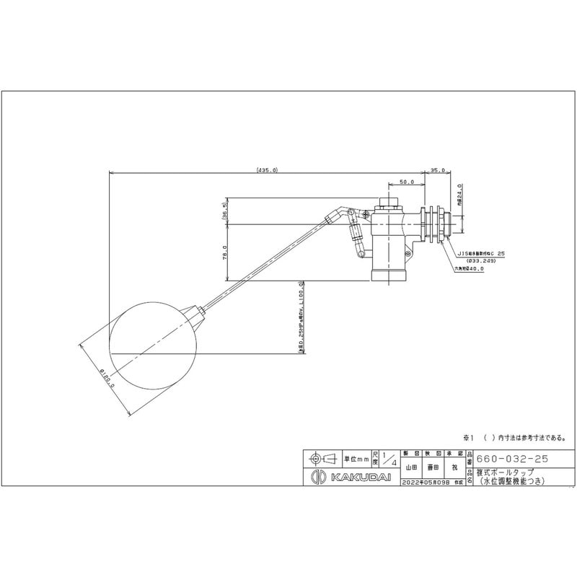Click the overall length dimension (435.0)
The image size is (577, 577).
(x=267, y=170)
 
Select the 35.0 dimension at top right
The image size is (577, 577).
(x=436, y=170)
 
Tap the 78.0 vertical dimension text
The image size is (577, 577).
(x=225, y=252)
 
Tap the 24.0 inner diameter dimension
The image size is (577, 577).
(x=459, y=195)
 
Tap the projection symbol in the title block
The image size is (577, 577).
(x=322, y=458)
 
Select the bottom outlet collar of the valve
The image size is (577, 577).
(x=390, y=276)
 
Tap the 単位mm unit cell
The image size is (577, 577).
(x=356, y=458)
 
